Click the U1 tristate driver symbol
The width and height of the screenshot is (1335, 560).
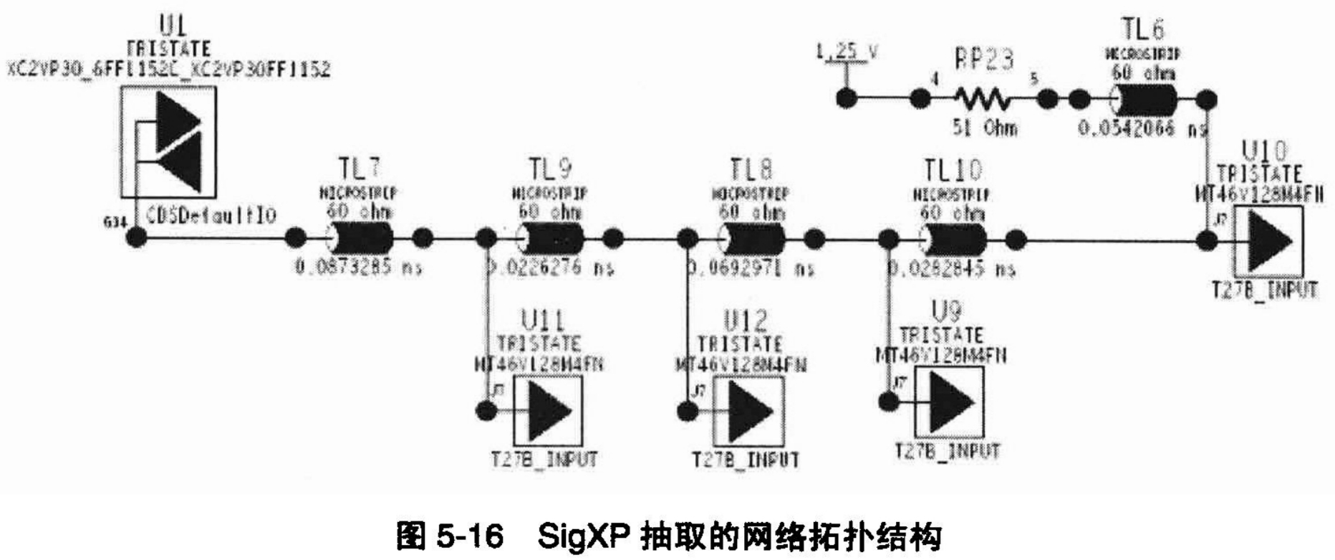coord(168,142)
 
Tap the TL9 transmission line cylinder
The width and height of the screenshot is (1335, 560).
coord(550,238)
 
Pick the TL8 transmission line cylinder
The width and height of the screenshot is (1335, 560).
coord(751,238)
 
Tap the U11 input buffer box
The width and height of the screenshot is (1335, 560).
coord(548,411)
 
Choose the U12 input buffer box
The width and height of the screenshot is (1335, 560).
coord(748,411)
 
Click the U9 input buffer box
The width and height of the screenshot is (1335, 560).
coord(950,402)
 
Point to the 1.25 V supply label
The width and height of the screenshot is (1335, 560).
coord(847,52)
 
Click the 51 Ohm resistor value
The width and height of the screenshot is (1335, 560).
coord(984,128)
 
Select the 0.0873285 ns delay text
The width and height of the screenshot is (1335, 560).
coord(359,267)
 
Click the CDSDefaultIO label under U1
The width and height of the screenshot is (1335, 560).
coord(212,215)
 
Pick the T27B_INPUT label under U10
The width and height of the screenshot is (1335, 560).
coord(1265,290)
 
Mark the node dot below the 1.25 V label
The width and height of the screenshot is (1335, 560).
coord(847,99)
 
